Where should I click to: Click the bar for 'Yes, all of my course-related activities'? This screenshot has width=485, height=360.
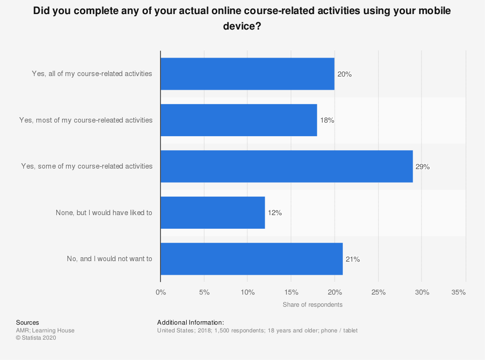[247, 74]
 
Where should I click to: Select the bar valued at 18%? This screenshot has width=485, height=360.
[239, 120]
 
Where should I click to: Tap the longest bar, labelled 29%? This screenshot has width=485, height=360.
[287, 166]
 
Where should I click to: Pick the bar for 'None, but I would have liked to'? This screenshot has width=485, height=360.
[213, 213]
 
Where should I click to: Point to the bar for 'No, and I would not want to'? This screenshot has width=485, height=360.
[252, 259]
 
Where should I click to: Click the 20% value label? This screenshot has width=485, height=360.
[344, 74]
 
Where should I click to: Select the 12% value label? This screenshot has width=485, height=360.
[275, 213]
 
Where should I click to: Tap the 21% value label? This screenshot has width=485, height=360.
[353, 259]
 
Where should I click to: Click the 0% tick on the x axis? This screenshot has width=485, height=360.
[161, 292]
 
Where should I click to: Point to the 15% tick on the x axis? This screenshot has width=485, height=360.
[291, 292]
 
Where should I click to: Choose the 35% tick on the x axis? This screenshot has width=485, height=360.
[458, 292]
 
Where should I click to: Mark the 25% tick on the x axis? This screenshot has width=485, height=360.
[378, 292]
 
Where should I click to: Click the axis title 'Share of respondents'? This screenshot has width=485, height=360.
[312, 305]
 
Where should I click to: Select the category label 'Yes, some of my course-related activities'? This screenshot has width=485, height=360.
[87, 166]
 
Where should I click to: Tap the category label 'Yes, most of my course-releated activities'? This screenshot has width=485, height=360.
[86, 120]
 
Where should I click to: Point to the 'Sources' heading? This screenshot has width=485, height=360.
[28, 322]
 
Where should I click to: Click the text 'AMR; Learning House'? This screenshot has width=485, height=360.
[45, 330]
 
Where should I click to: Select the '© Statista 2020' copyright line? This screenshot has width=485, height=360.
[36, 338]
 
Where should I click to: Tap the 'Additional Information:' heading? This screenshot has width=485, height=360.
[191, 322]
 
